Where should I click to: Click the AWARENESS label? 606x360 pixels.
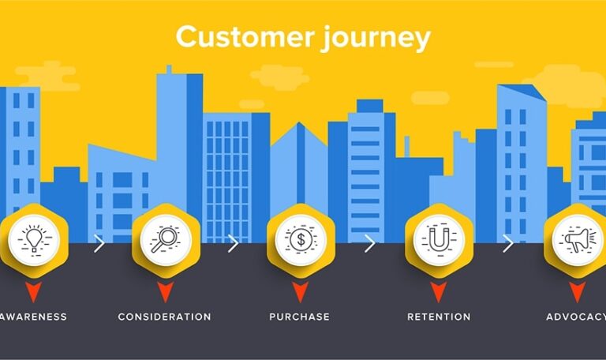(33, 317)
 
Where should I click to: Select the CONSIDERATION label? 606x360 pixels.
(165, 317)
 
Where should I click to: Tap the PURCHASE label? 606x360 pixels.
(300, 317)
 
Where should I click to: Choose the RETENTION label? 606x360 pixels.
(439, 317)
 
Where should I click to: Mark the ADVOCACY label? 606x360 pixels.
(575, 317)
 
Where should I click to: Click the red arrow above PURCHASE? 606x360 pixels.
(300, 292)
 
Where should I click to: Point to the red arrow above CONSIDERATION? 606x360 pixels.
(165, 292)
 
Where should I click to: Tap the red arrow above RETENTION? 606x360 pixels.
(439, 292)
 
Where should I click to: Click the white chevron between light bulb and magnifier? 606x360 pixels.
(99, 243)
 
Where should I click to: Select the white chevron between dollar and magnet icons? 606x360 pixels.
(369, 243)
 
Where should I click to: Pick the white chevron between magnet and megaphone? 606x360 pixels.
(507, 243)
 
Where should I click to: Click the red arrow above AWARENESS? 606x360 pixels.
(33, 292)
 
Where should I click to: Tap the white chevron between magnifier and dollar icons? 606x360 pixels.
(233, 243)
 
